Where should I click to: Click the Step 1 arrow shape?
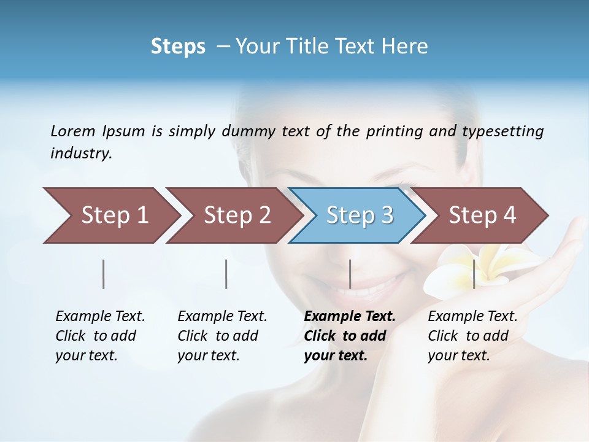click(110, 215)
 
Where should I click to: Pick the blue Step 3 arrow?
click(359, 215)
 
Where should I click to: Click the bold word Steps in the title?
click(178, 47)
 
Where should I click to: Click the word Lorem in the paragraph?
click(73, 131)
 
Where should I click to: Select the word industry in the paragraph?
click(80, 153)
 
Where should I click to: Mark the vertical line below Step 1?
click(104, 274)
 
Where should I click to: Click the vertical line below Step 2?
click(226, 274)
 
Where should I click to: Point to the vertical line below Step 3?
click(350, 274)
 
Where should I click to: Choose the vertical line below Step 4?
click(474, 274)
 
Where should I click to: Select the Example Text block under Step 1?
click(100, 336)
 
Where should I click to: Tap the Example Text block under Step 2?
click(222, 336)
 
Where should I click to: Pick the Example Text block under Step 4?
click(472, 336)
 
